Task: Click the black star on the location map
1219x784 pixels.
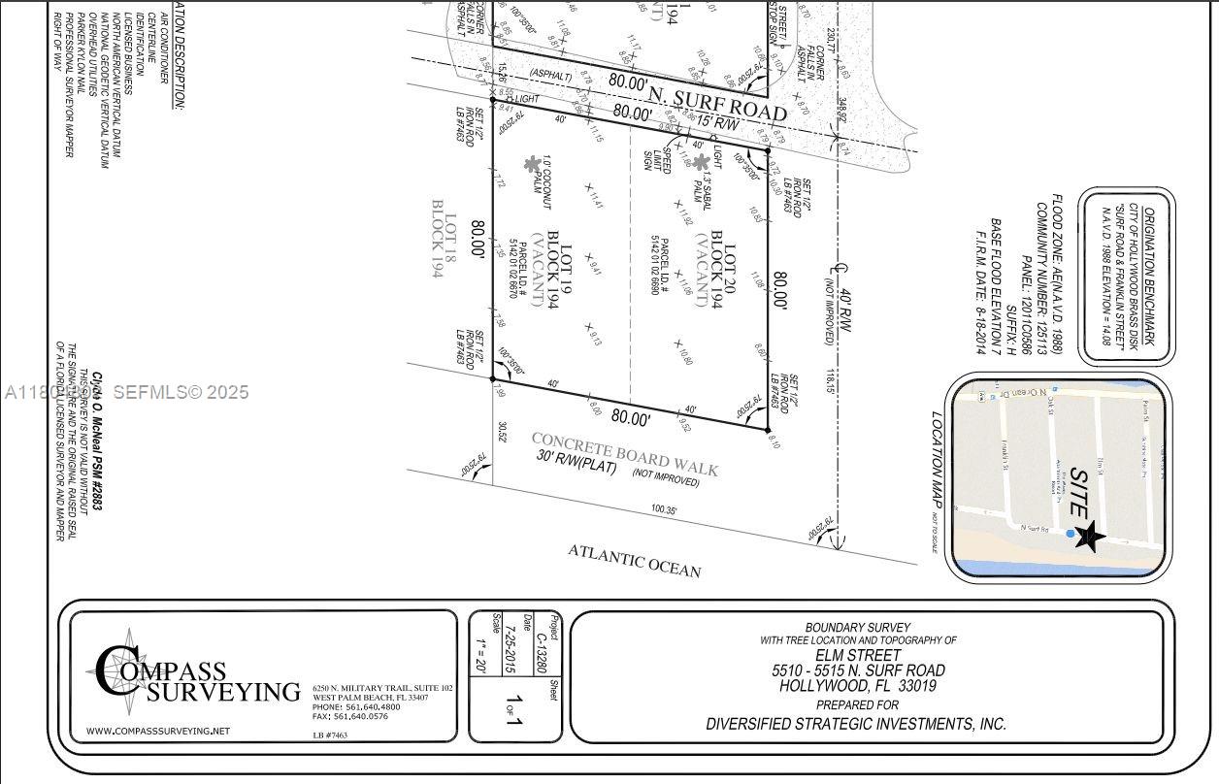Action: tap(1088, 536)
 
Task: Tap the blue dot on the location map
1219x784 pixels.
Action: tap(1071, 533)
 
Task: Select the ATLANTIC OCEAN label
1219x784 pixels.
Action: tap(635, 560)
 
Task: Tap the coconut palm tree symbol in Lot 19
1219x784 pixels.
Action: tap(532, 165)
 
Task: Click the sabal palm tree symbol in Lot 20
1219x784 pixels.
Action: tap(700, 162)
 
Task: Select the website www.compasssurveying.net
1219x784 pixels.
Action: tap(158, 731)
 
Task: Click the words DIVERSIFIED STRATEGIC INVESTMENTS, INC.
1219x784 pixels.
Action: tap(856, 724)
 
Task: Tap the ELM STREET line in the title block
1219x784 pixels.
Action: tap(858, 655)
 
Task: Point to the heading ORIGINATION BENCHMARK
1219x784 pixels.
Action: tap(1148, 277)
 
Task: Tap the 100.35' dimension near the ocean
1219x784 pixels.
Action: tap(664, 508)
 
